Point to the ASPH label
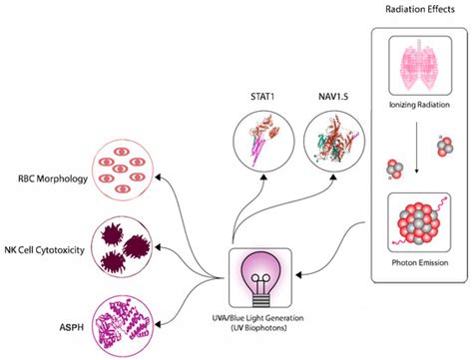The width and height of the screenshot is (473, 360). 70,322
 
